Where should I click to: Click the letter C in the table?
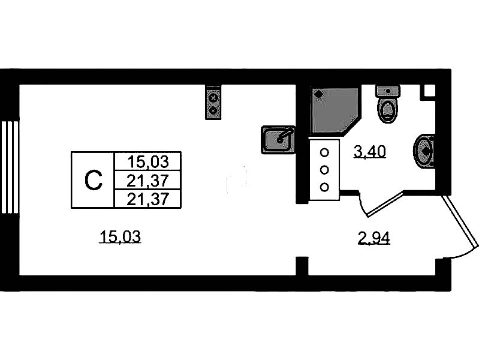tap(92, 180)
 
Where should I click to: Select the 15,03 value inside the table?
tap(146, 161)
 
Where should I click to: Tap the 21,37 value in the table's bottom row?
tap(146, 199)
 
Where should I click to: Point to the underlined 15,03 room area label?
tap(119, 238)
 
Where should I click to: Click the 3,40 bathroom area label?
tap(369, 152)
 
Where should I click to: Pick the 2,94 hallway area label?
tap(373, 239)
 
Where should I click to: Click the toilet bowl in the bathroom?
tap(387, 110)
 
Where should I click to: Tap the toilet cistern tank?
tap(387, 91)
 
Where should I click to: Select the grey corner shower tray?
tap(332, 110)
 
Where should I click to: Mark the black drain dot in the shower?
tap(318, 94)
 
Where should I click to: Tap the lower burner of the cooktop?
tap(213, 110)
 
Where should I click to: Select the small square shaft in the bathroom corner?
tap(429, 91)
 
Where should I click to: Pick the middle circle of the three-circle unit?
tap(324, 169)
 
